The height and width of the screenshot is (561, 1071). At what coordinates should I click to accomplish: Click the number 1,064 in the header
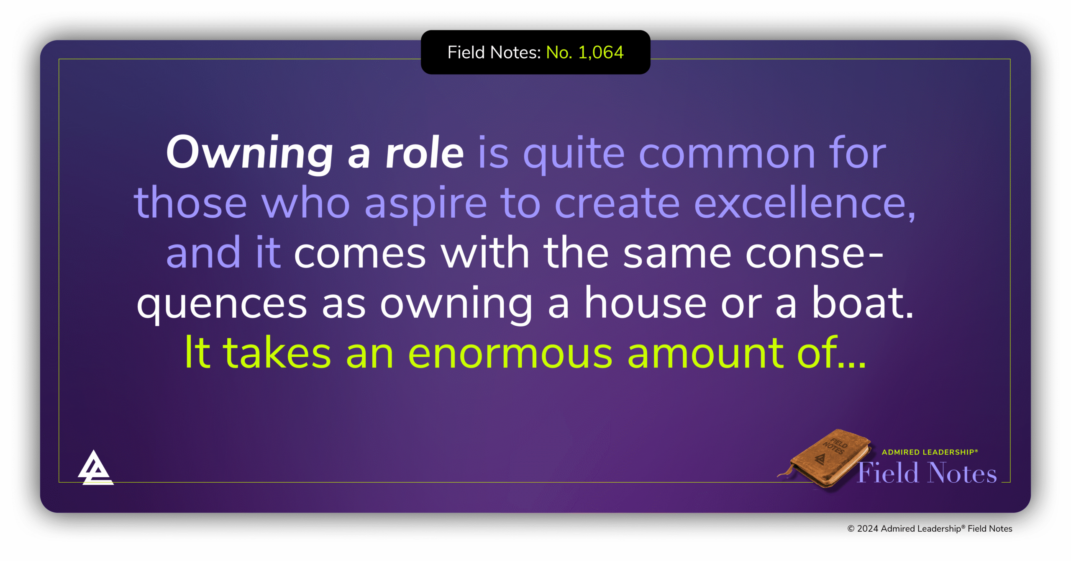pyautogui.click(x=601, y=53)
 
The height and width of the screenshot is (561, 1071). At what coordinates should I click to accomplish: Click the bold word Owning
pyautogui.click(x=249, y=153)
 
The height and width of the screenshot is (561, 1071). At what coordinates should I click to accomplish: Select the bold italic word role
pyautogui.click(x=424, y=153)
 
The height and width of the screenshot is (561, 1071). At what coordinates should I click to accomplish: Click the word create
pyautogui.click(x=617, y=203)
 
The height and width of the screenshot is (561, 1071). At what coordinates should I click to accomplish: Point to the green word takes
pyautogui.click(x=277, y=353)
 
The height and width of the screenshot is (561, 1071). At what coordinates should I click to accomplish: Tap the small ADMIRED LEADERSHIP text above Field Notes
pyautogui.click(x=930, y=452)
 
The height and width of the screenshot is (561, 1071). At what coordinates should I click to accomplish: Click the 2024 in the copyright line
pyautogui.click(x=868, y=529)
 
